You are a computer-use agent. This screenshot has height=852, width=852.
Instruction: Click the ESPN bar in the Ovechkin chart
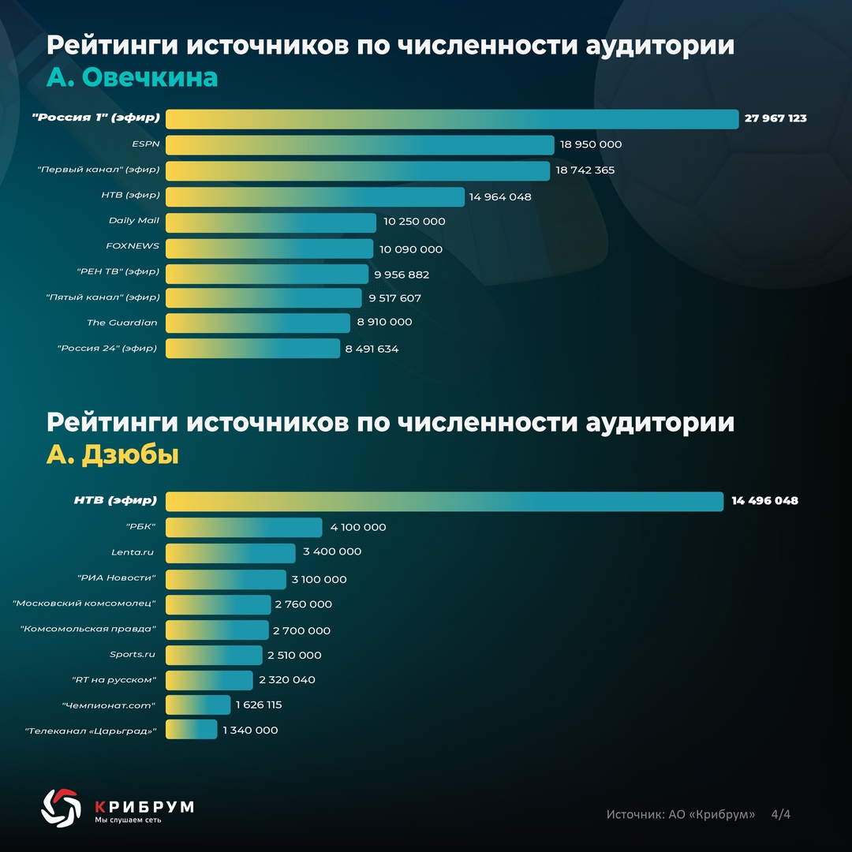click(360, 144)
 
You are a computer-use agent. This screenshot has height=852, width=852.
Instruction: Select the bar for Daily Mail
click(271, 222)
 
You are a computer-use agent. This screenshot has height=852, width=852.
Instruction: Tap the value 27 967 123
click(775, 118)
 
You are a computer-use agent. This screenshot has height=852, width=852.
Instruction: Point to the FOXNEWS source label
click(133, 246)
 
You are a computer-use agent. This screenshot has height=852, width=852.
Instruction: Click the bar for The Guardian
click(258, 322)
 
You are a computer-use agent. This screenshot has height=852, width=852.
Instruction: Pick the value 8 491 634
click(372, 348)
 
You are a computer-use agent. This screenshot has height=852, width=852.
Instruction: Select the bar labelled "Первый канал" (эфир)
click(357, 170)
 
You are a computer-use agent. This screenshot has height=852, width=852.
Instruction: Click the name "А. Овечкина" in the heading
click(133, 78)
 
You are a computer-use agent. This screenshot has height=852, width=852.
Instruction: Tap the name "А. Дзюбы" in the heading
click(113, 454)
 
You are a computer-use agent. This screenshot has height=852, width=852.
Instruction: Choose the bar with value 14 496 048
click(444, 501)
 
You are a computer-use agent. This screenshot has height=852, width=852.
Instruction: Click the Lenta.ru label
click(133, 551)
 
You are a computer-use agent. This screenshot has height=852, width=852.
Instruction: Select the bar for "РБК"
click(244, 527)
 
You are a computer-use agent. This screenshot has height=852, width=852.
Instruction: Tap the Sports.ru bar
click(214, 655)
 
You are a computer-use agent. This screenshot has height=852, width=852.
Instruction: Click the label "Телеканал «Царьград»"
click(91, 731)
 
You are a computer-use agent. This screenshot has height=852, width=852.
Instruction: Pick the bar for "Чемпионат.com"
click(198, 704)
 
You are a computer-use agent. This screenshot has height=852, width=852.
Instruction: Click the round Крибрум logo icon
click(61, 807)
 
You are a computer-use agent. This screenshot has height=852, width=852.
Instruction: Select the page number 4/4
click(780, 813)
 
